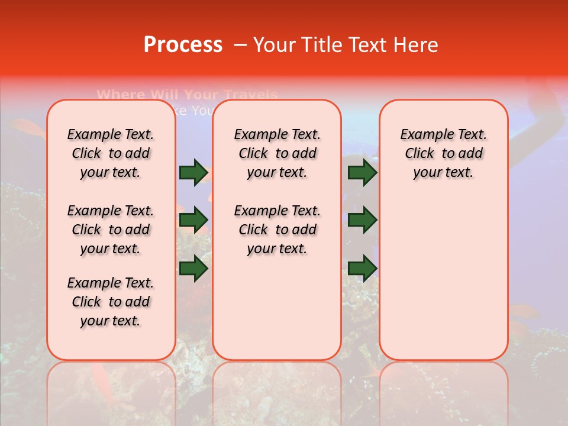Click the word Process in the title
point(183,45)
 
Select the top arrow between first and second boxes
point(193,172)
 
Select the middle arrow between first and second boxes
point(193,220)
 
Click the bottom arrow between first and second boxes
point(193,269)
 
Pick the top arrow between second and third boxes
point(362,172)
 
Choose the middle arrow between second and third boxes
point(362,220)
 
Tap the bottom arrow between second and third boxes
point(362,269)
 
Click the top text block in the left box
point(111,153)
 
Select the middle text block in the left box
point(111,230)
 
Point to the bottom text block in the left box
point(111,302)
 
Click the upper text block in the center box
point(277,153)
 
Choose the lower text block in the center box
point(277,230)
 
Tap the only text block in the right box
point(443,153)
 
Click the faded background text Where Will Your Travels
point(187,94)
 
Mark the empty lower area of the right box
point(443,278)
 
